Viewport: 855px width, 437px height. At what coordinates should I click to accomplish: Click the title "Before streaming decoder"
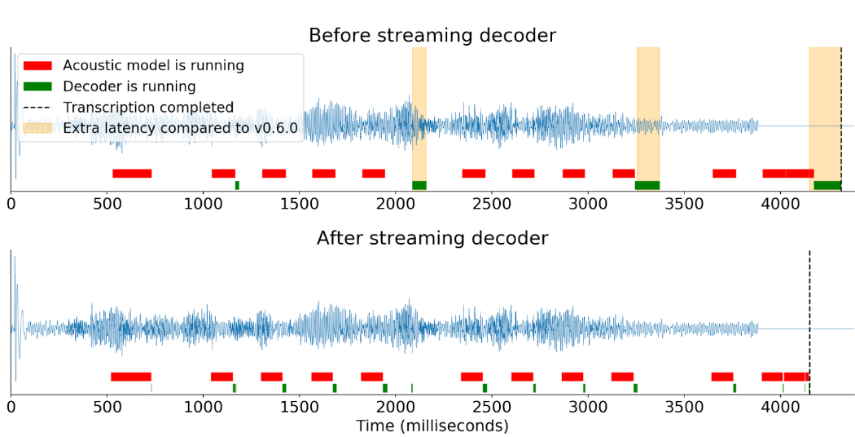[432, 36]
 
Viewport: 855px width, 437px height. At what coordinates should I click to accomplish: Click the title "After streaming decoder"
[432, 239]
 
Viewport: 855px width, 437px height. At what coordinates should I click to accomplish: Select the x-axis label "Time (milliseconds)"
[432, 426]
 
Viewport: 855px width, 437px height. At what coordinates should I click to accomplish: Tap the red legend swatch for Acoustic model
[37, 65]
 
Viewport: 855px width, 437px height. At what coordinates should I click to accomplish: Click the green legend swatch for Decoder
[37, 86]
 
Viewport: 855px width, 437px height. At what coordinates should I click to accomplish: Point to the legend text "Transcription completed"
[148, 108]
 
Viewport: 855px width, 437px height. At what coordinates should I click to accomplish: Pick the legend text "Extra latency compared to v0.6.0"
[180, 128]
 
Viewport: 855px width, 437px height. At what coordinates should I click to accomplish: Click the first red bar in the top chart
[132, 173]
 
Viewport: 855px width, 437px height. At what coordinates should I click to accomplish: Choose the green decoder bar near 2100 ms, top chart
[419, 185]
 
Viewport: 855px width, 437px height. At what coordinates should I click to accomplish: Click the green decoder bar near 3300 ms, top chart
[647, 185]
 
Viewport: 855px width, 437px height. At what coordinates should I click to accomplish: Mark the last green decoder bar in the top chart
[827, 185]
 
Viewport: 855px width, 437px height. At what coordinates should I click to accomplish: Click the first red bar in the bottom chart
[131, 377]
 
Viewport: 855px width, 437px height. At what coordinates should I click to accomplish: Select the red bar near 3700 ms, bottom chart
[722, 377]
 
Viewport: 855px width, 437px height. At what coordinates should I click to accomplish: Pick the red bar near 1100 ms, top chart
[223, 173]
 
